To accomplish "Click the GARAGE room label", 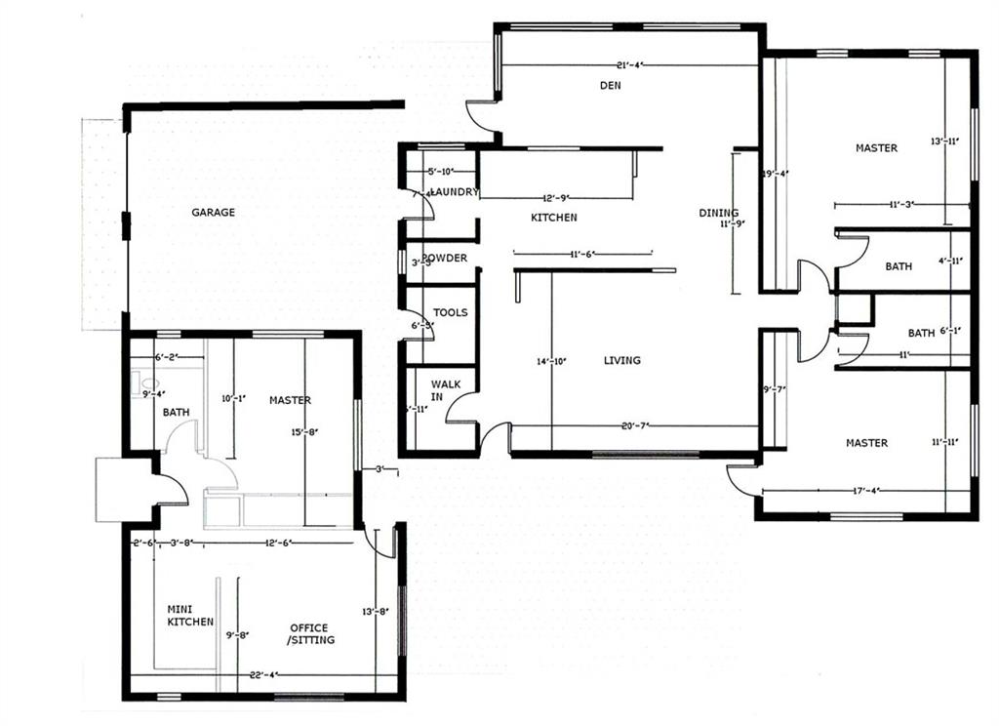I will [213, 212].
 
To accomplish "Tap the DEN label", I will [611, 86].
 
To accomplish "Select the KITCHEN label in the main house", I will [553, 218].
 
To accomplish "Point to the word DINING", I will [718, 213].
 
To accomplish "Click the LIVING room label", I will [621, 360].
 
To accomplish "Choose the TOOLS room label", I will [450, 313].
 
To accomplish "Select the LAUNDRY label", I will [455, 192].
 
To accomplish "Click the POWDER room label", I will [445, 259].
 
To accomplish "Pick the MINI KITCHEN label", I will [190, 615].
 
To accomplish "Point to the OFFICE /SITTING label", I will [311, 633].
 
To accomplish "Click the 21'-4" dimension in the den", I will [629, 65].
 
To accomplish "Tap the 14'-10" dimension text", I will [551, 360].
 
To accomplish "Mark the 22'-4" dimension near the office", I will [264, 674].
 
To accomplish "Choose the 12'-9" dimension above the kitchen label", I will [556, 198].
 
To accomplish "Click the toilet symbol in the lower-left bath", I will [138, 383].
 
